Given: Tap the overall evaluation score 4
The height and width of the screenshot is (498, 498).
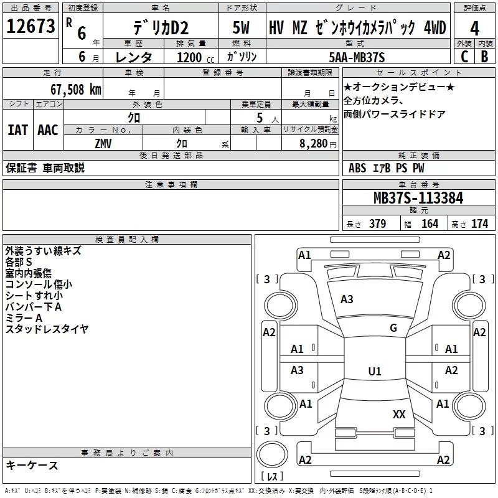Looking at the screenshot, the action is point(475,29).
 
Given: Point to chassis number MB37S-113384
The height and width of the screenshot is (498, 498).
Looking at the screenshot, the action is point(418,198).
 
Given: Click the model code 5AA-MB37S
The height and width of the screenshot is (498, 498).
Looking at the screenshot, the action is point(356,57).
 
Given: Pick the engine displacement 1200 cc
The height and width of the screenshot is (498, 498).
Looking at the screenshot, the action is point(189,57).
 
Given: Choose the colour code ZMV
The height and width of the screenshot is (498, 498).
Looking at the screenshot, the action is point(103,143).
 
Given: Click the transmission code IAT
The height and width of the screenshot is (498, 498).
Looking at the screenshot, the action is point(17,130).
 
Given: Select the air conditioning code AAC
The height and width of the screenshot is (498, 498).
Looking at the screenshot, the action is point(47,130).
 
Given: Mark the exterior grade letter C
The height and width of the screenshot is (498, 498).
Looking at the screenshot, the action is point(464,56).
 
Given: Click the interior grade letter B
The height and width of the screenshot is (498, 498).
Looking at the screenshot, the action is point(484,56).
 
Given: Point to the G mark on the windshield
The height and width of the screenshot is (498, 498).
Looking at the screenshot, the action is point(393,328).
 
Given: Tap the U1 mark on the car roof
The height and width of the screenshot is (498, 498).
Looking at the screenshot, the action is point(374,371).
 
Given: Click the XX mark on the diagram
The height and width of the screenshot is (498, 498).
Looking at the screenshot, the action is point(399,414).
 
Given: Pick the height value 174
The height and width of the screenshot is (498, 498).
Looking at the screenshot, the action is point(479,224).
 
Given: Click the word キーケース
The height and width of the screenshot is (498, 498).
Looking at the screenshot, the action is point(32,465).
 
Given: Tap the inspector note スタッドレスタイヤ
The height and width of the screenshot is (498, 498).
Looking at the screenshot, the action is point(47,329).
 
